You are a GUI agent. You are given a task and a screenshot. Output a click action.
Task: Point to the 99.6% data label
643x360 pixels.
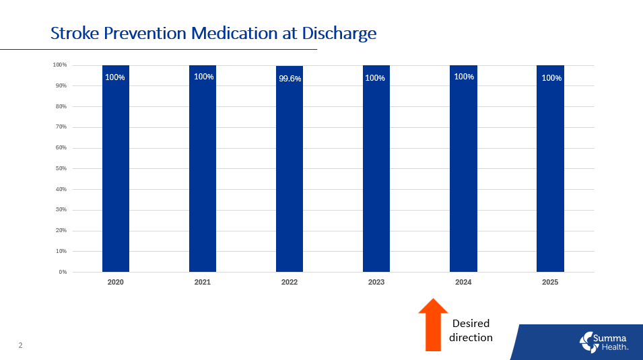point(290,79)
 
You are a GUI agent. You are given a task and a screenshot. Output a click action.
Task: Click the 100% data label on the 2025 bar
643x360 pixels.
point(551,78)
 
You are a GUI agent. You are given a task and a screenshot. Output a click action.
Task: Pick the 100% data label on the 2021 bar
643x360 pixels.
point(203,77)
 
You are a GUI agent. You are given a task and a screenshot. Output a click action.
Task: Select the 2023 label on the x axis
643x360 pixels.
point(376,283)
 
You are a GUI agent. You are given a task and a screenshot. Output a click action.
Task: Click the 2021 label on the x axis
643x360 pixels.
point(203,283)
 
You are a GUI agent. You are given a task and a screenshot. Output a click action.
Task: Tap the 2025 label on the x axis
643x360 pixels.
point(550,283)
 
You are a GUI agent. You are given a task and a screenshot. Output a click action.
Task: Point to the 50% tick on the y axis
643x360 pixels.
point(60,168)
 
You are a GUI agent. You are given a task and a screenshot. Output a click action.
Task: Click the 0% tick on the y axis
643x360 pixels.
point(61,272)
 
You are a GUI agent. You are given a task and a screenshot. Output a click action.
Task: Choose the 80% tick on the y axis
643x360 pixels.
point(60,106)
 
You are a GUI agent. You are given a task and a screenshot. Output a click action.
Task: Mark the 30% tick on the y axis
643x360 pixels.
point(60,210)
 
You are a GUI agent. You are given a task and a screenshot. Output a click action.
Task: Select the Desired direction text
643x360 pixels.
point(471,330)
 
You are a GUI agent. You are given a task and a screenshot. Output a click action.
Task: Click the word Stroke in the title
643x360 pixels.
point(73,33)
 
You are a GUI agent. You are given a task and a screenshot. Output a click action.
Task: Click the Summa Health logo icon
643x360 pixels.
point(588,342)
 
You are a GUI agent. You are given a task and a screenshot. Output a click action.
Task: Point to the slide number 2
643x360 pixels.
point(20,346)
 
